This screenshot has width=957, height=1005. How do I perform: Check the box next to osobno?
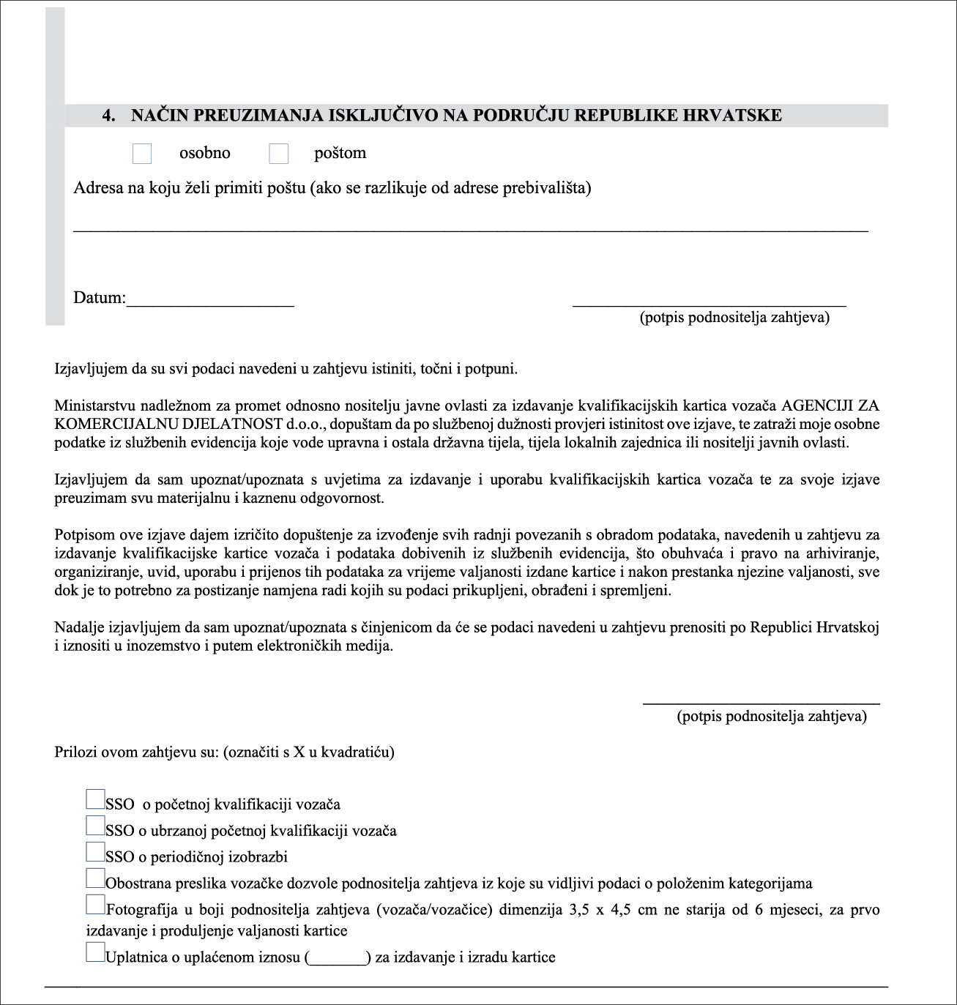pos(142,154)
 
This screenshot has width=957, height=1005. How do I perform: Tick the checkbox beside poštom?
pos(278,154)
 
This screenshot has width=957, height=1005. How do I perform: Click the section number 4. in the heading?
pos(109,116)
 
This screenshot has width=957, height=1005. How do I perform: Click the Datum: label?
pos(99,299)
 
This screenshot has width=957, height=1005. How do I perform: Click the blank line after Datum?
pos(210,303)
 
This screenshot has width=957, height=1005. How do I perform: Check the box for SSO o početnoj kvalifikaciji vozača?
pos(95,799)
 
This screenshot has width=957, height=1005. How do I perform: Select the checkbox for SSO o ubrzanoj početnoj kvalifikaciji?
pos(95,825)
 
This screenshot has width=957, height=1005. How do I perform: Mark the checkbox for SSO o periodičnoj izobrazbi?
pos(95,851)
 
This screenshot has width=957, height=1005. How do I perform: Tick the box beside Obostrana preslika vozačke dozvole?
pos(95,878)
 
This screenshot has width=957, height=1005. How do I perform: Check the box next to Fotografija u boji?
pos(95,905)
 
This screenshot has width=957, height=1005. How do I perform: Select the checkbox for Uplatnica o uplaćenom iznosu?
pos(95,952)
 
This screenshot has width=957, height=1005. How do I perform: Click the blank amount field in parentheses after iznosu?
pos(338,958)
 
